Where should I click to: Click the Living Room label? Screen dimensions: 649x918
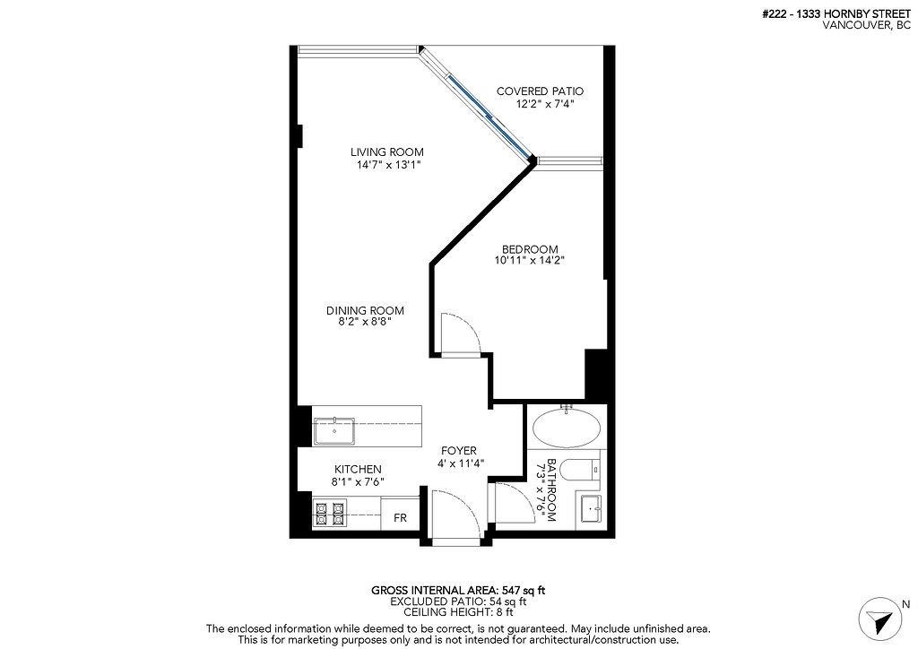pyautogui.click(x=386, y=151)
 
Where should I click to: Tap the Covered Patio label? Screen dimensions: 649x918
pyautogui.click(x=540, y=91)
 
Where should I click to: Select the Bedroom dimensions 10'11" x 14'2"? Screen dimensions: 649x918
pyautogui.click(x=529, y=261)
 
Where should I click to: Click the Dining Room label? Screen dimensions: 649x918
pyautogui.click(x=365, y=310)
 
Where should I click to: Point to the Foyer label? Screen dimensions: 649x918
pyautogui.click(x=457, y=451)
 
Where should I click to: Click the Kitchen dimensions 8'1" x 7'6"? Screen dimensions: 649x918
pyautogui.click(x=358, y=481)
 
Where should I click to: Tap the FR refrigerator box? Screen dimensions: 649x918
pyautogui.click(x=400, y=518)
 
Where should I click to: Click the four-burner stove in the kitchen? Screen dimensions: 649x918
pyautogui.click(x=328, y=515)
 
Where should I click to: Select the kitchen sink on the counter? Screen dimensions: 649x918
pyautogui.click(x=333, y=431)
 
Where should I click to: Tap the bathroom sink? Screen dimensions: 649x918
pyautogui.click(x=591, y=509)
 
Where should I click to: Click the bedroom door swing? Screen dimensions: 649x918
pyautogui.click(x=461, y=334)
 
